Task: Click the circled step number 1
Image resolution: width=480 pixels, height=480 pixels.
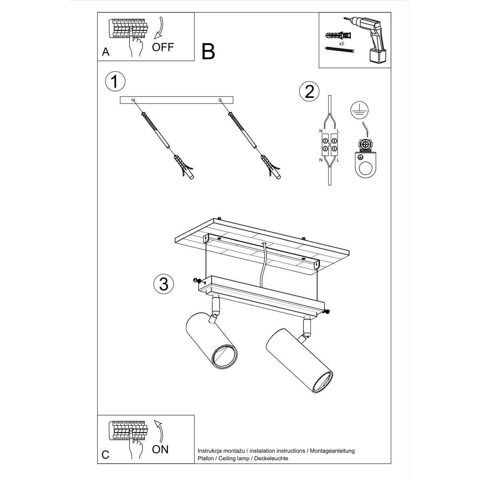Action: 115,82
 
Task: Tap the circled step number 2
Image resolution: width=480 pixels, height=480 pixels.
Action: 309,92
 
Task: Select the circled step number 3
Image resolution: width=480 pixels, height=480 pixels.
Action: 164,284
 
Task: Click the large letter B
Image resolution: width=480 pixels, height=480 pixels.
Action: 208,52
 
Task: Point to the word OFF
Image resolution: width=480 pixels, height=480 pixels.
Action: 163,47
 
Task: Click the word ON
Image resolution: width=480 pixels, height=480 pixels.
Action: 160,449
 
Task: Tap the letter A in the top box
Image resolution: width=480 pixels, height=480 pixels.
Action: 106,52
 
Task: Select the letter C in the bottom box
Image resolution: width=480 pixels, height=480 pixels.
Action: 106,455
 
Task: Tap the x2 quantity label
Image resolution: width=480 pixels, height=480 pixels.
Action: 342,43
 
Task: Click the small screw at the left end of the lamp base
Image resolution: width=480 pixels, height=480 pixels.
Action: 196,280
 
